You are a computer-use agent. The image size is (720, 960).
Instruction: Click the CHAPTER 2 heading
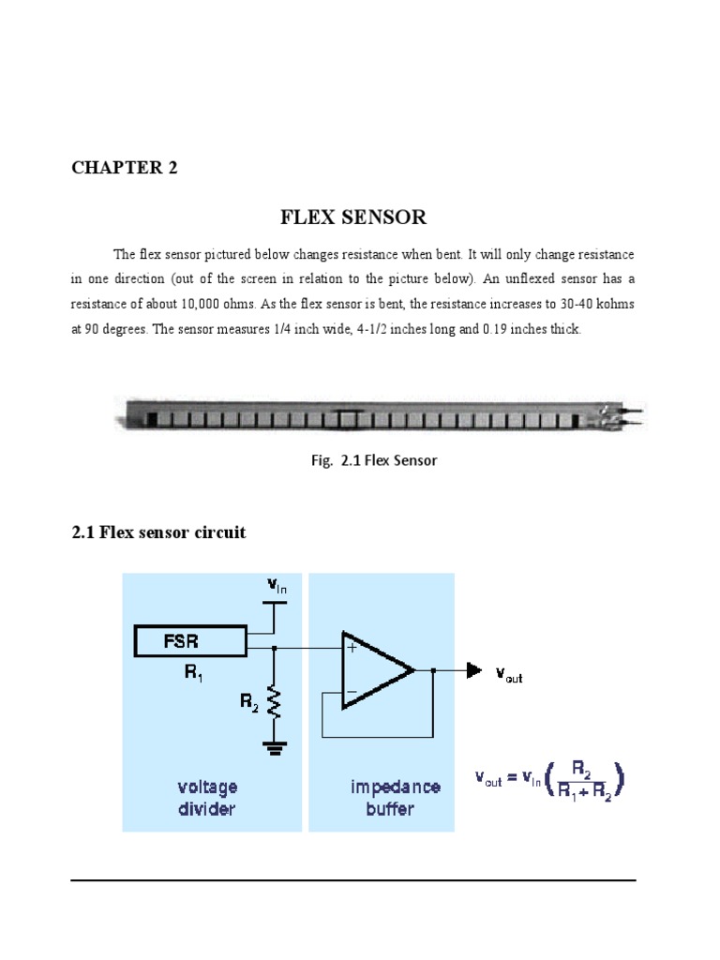pos(125,168)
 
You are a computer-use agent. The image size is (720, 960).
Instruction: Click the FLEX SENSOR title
pos(353,217)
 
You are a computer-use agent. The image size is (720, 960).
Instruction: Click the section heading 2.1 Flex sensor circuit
pos(158,532)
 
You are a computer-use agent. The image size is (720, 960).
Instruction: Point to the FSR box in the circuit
pos(189,642)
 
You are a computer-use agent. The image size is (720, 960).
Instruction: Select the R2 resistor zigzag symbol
pos(274,702)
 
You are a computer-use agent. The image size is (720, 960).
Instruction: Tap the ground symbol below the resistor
pos(274,746)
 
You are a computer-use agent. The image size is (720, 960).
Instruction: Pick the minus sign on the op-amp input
pos(352,694)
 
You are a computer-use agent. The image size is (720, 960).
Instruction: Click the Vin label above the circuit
pos(277,585)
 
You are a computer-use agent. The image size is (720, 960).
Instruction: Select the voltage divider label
pos(208,798)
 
